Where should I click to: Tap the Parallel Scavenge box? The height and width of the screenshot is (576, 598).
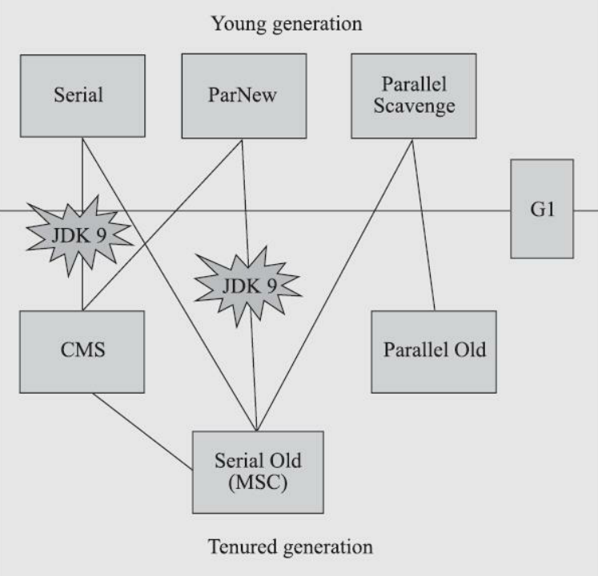[413, 95]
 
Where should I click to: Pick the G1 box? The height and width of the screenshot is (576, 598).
[542, 209]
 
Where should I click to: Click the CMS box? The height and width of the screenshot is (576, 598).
[82, 352]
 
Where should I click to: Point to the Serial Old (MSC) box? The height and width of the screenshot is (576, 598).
[257, 472]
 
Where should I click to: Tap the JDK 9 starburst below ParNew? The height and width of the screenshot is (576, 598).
[247, 283]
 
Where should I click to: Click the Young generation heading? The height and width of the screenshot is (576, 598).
[287, 24]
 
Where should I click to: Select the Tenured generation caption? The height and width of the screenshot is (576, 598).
[290, 548]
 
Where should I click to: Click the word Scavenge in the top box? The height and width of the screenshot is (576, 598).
[413, 106]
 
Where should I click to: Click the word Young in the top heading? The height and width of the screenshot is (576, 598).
[234, 24]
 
